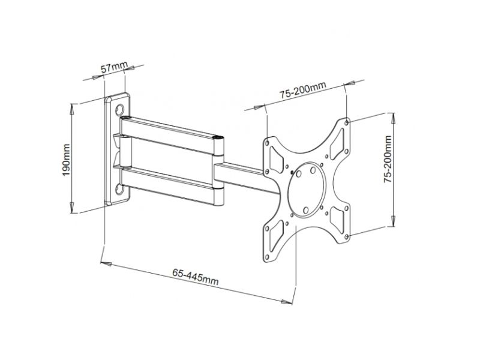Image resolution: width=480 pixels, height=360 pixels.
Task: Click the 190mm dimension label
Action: click(66, 160)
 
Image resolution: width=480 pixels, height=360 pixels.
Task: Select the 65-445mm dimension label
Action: click(196, 277)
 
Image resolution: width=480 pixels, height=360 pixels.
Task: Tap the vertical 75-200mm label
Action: click(388, 159)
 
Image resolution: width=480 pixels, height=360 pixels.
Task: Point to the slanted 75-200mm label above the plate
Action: click(302, 90)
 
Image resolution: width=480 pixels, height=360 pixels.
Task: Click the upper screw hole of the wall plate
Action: click(119, 110)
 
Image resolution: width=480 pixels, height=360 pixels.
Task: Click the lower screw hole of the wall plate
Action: click(119, 190)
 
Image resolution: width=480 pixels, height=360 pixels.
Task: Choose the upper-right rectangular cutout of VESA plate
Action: click(337, 144)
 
